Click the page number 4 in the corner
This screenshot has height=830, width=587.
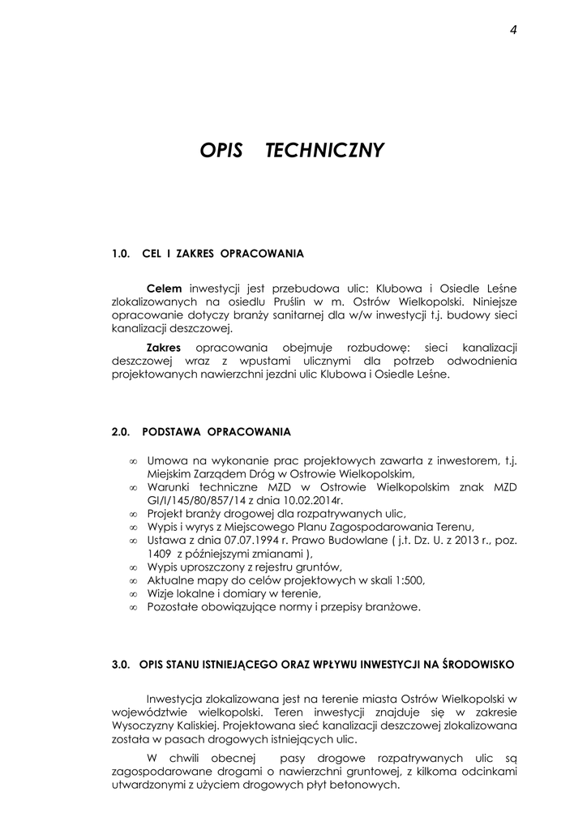tap(514, 30)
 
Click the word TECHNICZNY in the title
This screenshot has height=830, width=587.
tap(324, 151)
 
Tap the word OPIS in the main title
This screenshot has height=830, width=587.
tap(221, 151)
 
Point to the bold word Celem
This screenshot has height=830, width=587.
tap(164, 288)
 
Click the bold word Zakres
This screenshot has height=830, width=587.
tap(164, 347)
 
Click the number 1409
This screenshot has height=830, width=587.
tap(160, 554)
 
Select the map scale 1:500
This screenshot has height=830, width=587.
tap(408, 580)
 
